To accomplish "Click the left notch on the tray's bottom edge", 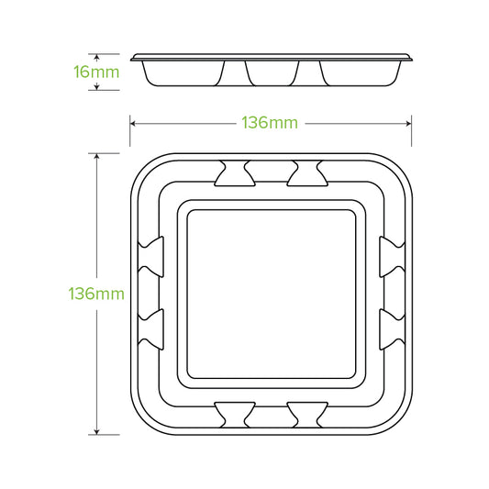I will [x=235, y=415].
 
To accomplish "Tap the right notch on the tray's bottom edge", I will [x=305, y=415].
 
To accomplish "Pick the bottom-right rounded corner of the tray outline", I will [x=397, y=421].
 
